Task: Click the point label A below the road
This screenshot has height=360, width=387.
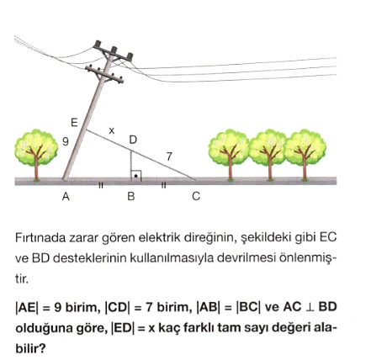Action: [x=66, y=197]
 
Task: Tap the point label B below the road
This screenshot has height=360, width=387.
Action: [x=131, y=197]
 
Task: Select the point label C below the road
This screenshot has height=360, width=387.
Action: [x=196, y=197]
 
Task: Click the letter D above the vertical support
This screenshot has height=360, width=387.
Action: [x=133, y=140]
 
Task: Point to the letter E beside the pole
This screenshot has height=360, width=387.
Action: [x=74, y=123]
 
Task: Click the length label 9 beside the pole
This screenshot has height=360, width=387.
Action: [x=66, y=141]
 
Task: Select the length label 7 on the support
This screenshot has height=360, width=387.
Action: [x=169, y=156]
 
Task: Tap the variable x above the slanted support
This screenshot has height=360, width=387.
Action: [x=112, y=130]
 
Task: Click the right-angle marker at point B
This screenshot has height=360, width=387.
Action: [x=136, y=176]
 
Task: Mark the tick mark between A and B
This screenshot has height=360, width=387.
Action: [x=101, y=185]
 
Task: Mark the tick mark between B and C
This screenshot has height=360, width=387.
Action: [x=164, y=185]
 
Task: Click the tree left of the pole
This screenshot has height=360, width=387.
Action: [x=36, y=154]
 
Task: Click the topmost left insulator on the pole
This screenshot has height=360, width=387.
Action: [x=98, y=45]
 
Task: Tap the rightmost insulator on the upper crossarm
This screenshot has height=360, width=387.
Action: [x=130, y=56]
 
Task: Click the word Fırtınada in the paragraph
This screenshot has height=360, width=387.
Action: [x=40, y=238]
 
